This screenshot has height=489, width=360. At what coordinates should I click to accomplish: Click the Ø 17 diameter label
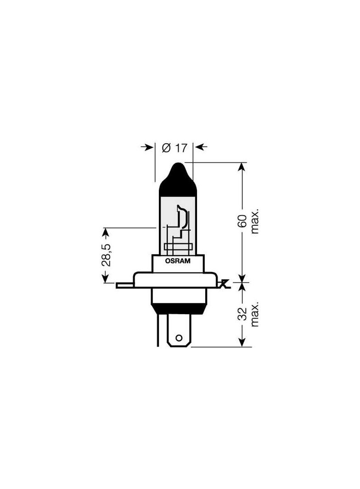pos(174,148)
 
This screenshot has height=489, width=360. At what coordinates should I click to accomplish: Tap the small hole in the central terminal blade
pos(180,340)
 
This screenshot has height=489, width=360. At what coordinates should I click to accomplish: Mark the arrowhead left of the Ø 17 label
pos(149,147)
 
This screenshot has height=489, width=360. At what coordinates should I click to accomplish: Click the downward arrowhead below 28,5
pos(106,278)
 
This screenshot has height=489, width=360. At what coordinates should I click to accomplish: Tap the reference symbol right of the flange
pos(224,284)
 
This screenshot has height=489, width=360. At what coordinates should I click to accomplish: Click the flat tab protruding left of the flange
pos(124,285)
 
